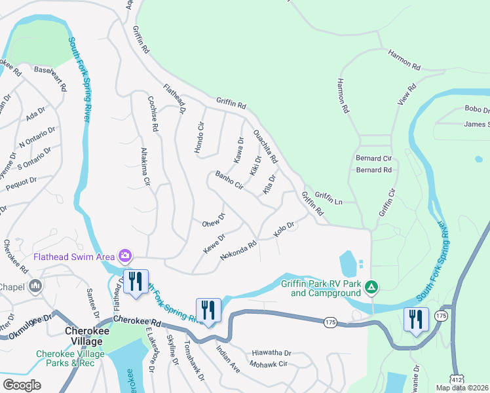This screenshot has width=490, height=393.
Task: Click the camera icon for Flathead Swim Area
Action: (x=124, y=255)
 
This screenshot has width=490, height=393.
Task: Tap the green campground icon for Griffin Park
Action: (x=371, y=286)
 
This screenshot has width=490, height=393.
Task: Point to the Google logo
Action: (x=22, y=385)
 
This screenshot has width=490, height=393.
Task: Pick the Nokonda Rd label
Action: (x=238, y=249)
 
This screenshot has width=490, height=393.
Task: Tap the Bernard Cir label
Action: (x=373, y=159)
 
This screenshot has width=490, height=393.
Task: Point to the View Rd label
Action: (x=407, y=96)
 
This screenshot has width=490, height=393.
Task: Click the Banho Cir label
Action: (x=229, y=180)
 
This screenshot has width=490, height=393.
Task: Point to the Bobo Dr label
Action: (x=476, y=109)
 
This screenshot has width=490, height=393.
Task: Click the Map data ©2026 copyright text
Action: (x=462, y=388)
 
